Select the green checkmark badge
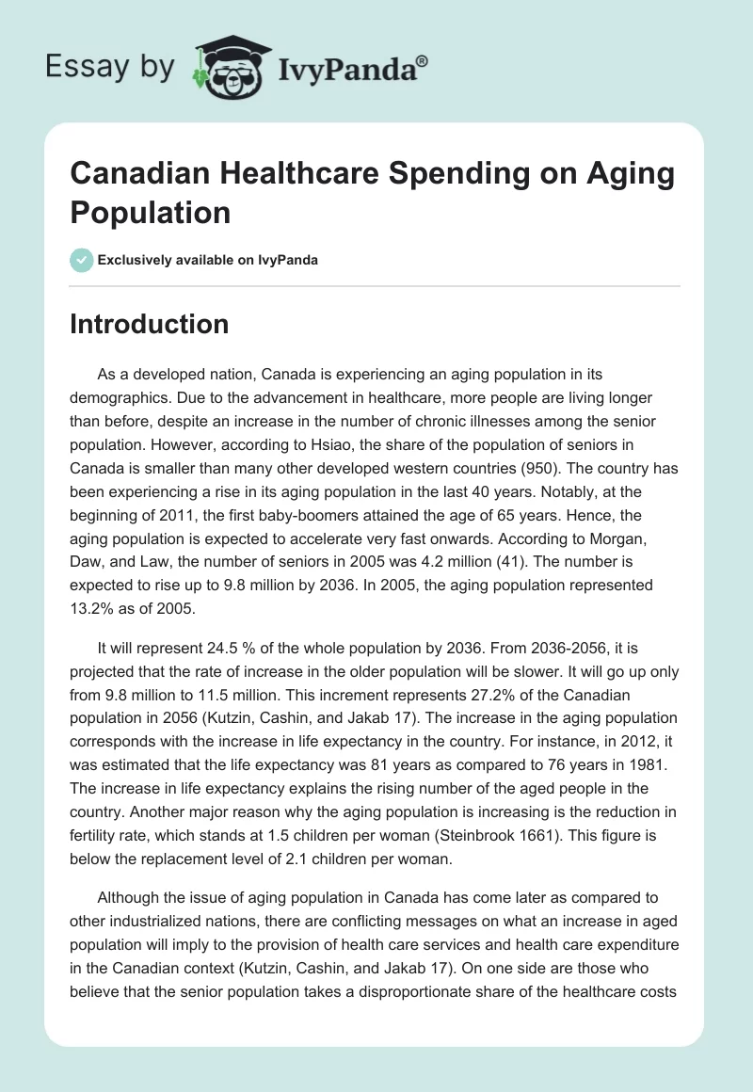click(x=82, y=260)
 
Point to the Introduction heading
click(x=150, y=324)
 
